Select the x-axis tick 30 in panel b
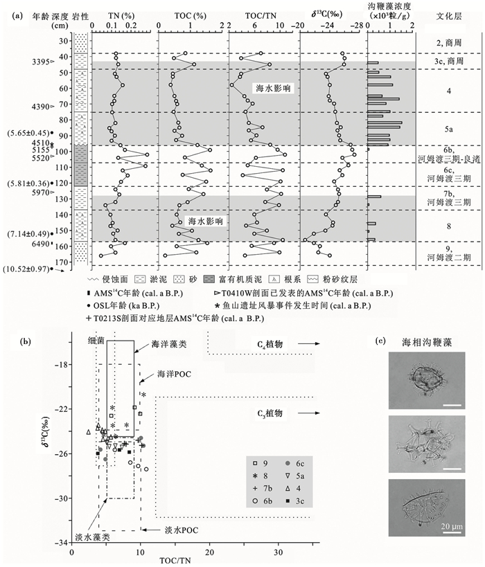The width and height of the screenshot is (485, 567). click(x=279, y=552)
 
